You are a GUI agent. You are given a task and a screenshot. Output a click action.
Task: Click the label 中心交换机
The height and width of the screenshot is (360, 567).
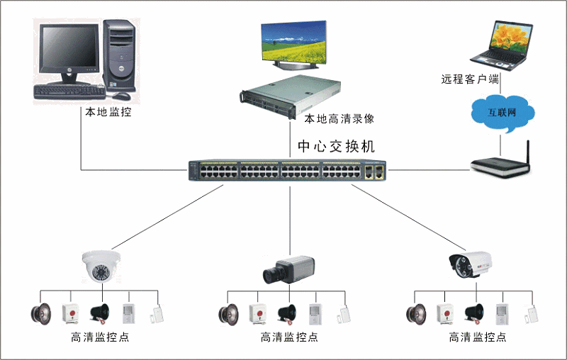click(x=335, y=147)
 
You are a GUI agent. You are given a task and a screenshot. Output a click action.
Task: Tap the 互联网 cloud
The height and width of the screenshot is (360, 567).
click(x=502, y=113)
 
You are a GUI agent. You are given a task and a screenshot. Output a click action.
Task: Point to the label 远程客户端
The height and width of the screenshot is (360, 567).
click(x=470, y=79)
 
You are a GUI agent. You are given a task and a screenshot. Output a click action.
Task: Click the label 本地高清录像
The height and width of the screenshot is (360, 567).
click(x=334, y=118)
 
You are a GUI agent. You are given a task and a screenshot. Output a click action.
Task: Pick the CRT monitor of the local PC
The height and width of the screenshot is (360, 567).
click(x=67, y=54)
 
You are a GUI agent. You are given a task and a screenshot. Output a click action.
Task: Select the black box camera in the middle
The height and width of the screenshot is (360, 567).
click(x=286, y=269)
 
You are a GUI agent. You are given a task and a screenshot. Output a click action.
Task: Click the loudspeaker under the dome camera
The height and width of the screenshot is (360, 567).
click(x=40, y=313)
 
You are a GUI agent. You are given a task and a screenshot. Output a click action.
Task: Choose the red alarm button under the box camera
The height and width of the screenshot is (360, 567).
click(x=256, y=313)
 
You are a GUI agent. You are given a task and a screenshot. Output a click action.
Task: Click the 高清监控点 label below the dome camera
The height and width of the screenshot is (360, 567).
click(x=100, y=337)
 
